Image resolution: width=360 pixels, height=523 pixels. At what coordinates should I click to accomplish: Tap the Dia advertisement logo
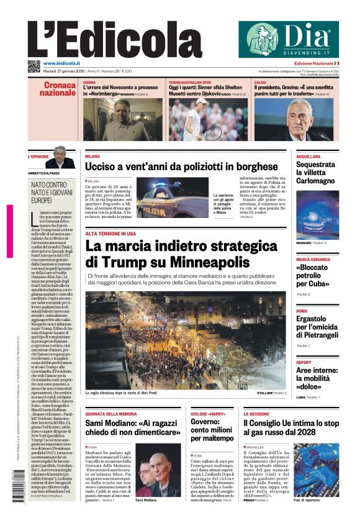(289, 39)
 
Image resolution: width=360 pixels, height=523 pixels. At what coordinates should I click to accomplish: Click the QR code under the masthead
(34, 65)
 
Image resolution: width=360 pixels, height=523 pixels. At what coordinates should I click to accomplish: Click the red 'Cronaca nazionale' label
(60, 89)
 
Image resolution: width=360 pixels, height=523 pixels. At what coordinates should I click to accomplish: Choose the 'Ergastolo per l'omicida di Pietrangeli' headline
(317, 327)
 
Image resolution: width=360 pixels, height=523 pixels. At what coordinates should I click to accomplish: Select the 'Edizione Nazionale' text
(313, 63)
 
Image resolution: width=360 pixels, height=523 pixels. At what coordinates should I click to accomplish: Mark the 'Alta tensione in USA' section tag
(110, 234)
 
